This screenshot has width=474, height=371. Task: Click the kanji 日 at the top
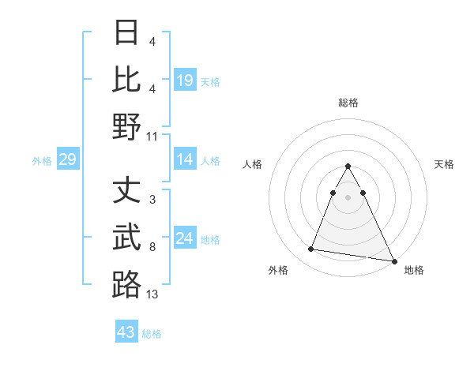point(126,33)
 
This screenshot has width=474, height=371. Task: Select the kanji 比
point(126,80)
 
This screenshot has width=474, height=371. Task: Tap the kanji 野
point(126,127)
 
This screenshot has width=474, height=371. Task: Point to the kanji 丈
point(126,191)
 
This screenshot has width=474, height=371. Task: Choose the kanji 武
point(126,238)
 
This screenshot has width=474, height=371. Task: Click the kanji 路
point(126,285)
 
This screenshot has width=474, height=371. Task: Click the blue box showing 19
point(185,80)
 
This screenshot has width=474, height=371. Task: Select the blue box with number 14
point(185,160)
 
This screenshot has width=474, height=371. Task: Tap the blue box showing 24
point(185,238)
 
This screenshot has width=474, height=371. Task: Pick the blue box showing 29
point(67,160)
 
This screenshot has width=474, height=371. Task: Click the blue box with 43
point(126,332)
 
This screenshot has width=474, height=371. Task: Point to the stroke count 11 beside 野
point(152,136)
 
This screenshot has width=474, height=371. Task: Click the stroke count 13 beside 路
point(152,294)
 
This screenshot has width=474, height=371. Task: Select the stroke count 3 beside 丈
point(152,200)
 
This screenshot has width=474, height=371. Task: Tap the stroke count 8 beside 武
point(152,247)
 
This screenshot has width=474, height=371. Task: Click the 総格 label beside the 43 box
point(152,334)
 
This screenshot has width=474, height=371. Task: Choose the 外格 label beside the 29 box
point(42,161)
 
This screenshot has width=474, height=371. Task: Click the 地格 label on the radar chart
point(414,270)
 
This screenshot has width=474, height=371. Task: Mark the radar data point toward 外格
point(311,249)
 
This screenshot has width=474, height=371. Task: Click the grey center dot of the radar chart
point(348,208)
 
